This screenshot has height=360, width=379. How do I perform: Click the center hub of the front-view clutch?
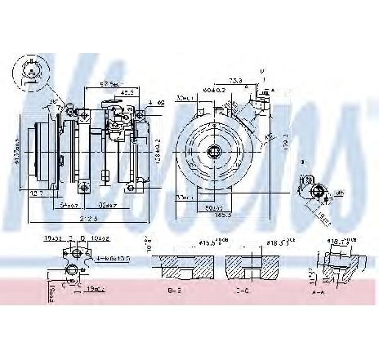coord(214,150)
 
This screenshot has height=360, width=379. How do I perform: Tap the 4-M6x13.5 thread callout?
coord(113,259)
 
